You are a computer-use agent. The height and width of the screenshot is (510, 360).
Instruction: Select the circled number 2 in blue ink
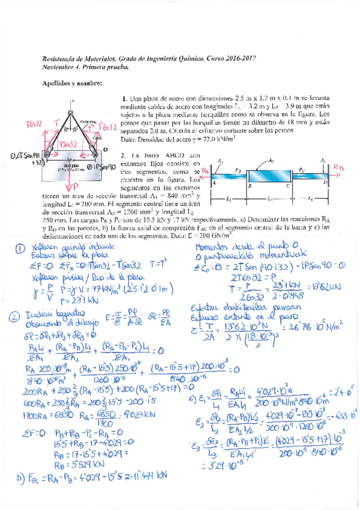(22, 315)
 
